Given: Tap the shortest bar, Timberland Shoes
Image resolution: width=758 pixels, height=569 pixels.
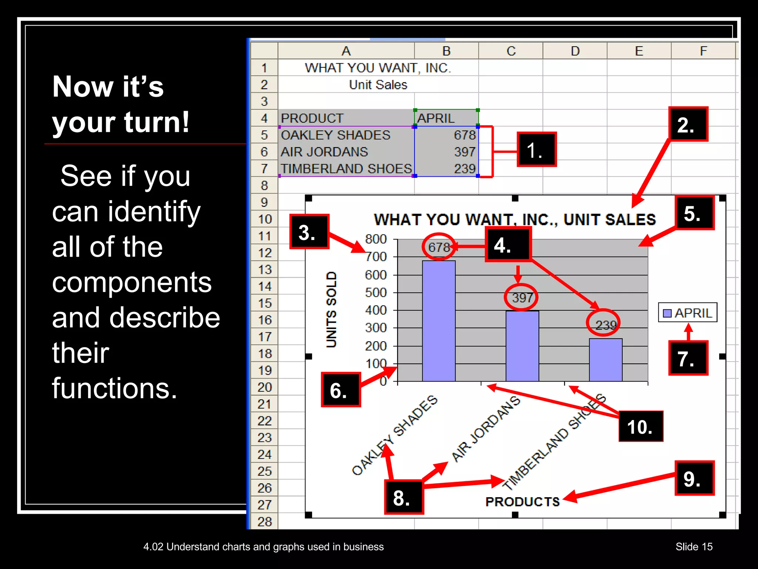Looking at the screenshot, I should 606,360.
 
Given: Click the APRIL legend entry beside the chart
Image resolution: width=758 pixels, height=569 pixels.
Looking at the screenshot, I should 688,313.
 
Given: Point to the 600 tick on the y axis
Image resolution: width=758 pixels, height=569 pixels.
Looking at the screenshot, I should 376,275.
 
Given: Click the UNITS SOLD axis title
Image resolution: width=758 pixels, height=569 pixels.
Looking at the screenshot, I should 331,310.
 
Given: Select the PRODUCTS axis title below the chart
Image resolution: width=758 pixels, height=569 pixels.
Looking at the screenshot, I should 522,502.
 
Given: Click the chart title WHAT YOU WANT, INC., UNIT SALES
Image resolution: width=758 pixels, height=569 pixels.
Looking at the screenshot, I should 514,219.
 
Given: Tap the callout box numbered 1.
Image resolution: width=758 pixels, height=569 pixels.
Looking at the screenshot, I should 536,150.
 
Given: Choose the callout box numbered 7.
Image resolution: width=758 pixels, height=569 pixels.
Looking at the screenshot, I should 688,358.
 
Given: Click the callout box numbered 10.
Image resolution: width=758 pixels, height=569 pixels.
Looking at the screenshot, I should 641,426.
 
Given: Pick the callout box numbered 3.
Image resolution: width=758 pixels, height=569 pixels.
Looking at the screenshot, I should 309,232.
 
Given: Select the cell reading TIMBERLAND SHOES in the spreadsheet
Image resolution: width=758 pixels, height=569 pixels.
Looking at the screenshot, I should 346,169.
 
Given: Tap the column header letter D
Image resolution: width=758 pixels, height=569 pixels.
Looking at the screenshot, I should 575,51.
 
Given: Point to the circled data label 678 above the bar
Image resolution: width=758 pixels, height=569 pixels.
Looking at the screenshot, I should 439,247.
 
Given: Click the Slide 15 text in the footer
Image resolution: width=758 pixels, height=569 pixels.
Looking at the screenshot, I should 694,546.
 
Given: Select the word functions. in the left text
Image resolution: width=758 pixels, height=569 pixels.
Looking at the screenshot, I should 115,388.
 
